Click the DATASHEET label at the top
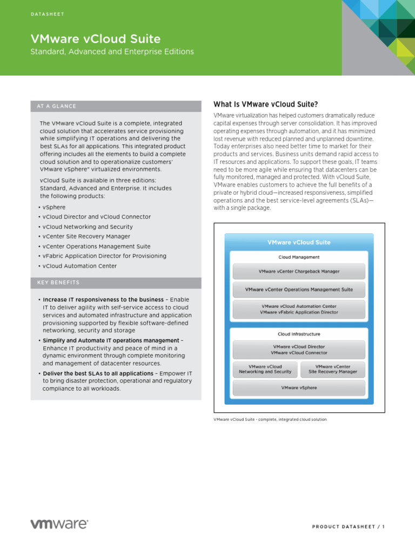[x=47, y=14]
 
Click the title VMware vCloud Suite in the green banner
[x=95, y=38]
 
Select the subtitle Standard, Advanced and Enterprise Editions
[x=112, y=52]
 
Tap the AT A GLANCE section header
[x=57, y=106]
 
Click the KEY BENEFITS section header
[x=58, y=282]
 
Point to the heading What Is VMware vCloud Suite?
[x=266, y=104]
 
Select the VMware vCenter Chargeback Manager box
[x=299, y=272]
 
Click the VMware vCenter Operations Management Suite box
[x=299, y=289]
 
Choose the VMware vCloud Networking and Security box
[x=265, y=369]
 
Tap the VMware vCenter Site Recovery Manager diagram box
[x=332, y=369]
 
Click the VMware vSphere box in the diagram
[x=299, y=387]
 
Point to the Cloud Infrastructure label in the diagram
[x=299, y=334]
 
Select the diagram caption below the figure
[x=270, y=419]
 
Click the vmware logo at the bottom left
[x=59, y=524]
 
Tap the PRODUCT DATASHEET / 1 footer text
[x=348, y=527]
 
